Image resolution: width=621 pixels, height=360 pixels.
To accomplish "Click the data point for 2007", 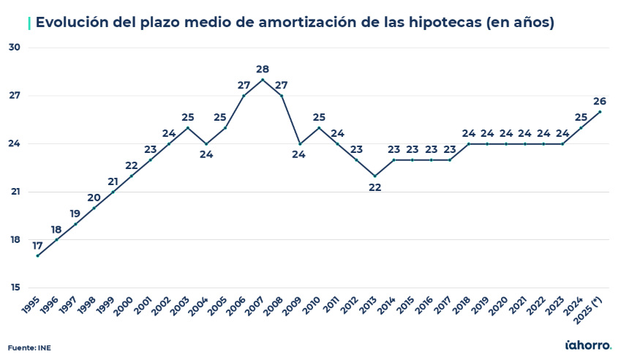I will click(263, 80).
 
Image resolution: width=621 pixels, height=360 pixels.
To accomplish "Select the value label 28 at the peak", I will click(263, 70).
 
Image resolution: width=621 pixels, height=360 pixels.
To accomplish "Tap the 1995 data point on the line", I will click(37, 255).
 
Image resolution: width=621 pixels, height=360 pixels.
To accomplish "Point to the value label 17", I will click(37, 245).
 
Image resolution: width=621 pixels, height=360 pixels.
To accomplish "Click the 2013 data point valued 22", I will click(375, 176).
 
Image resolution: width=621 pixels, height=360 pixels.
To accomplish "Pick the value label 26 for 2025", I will click(600, 101).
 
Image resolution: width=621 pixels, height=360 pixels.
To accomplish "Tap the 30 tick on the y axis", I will click(14, 48).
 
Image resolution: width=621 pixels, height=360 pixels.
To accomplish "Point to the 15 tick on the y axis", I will click(14, 288).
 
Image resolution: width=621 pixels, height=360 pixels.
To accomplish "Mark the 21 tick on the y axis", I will click(14, 192).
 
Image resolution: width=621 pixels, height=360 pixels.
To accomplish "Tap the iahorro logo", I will click(589, 344).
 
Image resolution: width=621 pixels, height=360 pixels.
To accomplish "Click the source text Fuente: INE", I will click(29, 347).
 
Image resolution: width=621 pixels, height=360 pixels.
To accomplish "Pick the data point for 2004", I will click(206, 144).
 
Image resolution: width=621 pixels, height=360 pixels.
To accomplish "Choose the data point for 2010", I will click(319, 128).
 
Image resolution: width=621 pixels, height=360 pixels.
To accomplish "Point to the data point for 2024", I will click(581, 128).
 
